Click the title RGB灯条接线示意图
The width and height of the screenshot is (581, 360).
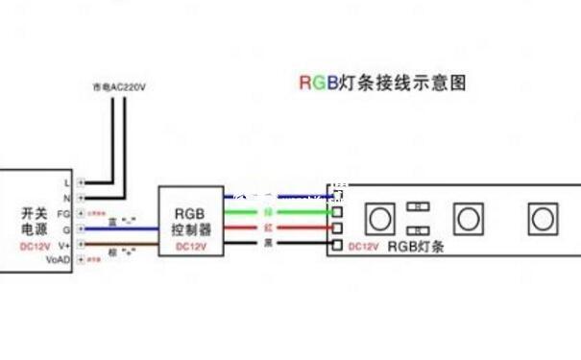tap(382, 83)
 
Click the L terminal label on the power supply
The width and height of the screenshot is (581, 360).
tap(66, 180)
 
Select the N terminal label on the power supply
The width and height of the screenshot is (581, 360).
tap(66, 197)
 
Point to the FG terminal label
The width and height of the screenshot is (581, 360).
tap(64, 213)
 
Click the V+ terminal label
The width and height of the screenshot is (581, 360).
tap(64, 245)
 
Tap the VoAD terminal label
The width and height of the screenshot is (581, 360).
tap(60, 260)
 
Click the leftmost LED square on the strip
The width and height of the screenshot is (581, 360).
tap(379, 218)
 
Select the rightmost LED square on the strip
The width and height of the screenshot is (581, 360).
tap(543, 218)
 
